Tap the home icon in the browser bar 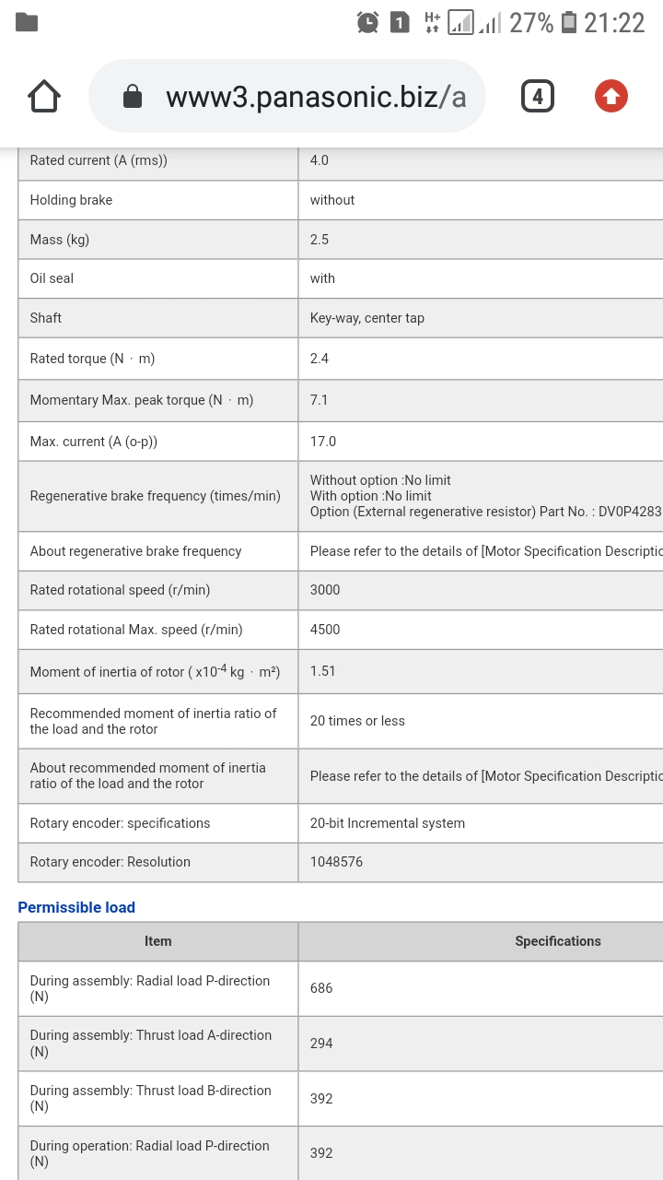coord(44,96)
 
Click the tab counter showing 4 coord(538,96)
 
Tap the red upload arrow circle coord(611,96)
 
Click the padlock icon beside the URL coord(133,97)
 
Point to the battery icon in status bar coord(569,22)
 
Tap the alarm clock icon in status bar coord(367,22)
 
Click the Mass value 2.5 coord(320,240)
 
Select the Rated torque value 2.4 coord(320,359)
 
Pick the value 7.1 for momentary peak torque coord(320,400)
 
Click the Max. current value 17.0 coord(323,442)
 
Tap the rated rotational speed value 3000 coord(325,590)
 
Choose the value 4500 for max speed coord(325,630)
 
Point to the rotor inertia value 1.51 coord(323,671)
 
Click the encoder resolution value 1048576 coord(336,862)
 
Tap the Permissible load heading coord(76,907)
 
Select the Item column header coord(157,941)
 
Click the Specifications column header coord(558,941)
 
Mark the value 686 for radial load coord(321,988)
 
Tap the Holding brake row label coord(71,200)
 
